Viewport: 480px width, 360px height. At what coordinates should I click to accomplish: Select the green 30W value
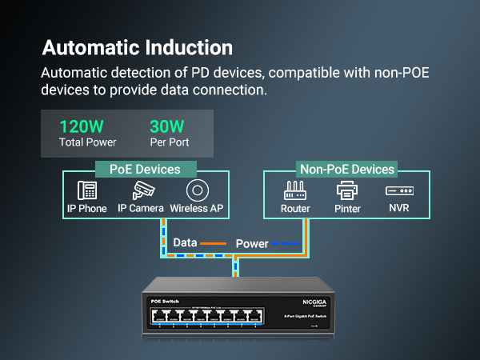pos(168,126)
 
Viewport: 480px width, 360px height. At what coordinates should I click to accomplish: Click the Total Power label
pos(88,142)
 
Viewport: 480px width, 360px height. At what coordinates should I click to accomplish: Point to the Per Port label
pos(170,142)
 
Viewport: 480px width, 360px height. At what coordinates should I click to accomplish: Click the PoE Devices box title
pos(145,169)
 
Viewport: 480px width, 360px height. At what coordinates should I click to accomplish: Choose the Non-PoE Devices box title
pos(347,169)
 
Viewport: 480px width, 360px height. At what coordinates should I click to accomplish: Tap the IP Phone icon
pos(87,190)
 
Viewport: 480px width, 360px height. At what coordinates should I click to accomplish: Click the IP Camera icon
pos(142,190)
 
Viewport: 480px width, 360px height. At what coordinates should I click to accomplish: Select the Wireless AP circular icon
pos(197,190)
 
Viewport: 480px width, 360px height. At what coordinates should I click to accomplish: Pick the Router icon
pos(295,190)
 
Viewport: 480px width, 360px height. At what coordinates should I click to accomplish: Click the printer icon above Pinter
pos(347,190)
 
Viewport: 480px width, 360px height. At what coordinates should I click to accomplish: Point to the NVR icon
pos(398,191)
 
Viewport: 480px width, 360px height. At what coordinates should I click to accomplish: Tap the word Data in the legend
pos(185,242)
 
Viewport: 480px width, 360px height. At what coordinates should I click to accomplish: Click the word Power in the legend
pos(252,242)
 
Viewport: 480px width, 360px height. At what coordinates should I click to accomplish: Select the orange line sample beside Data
pos(214,242)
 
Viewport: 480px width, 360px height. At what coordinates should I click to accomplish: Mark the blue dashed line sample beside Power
pos(286,242)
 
